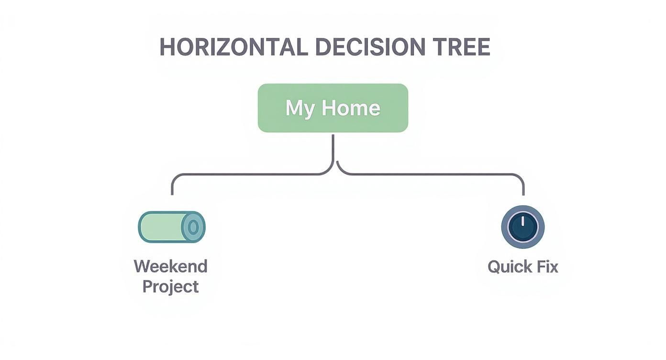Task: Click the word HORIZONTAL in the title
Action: click(233, 47)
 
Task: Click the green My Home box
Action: click(333, 108)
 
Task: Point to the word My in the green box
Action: click(300, 109)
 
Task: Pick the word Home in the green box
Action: click(351, 108)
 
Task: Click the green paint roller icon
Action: click(172, 227)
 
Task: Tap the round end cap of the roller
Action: click(193, 227)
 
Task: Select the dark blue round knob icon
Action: click(523, 227)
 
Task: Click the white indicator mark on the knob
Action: click(522, 221)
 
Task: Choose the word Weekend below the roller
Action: click(170, 266)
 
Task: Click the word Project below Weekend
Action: click(170, 287)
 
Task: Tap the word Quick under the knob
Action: click(510, 267)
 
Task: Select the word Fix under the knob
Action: click(547, 266)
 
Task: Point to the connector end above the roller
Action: click(172, 194)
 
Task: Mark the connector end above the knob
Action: click(523, 194)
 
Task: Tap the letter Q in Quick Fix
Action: click(494, 267)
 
